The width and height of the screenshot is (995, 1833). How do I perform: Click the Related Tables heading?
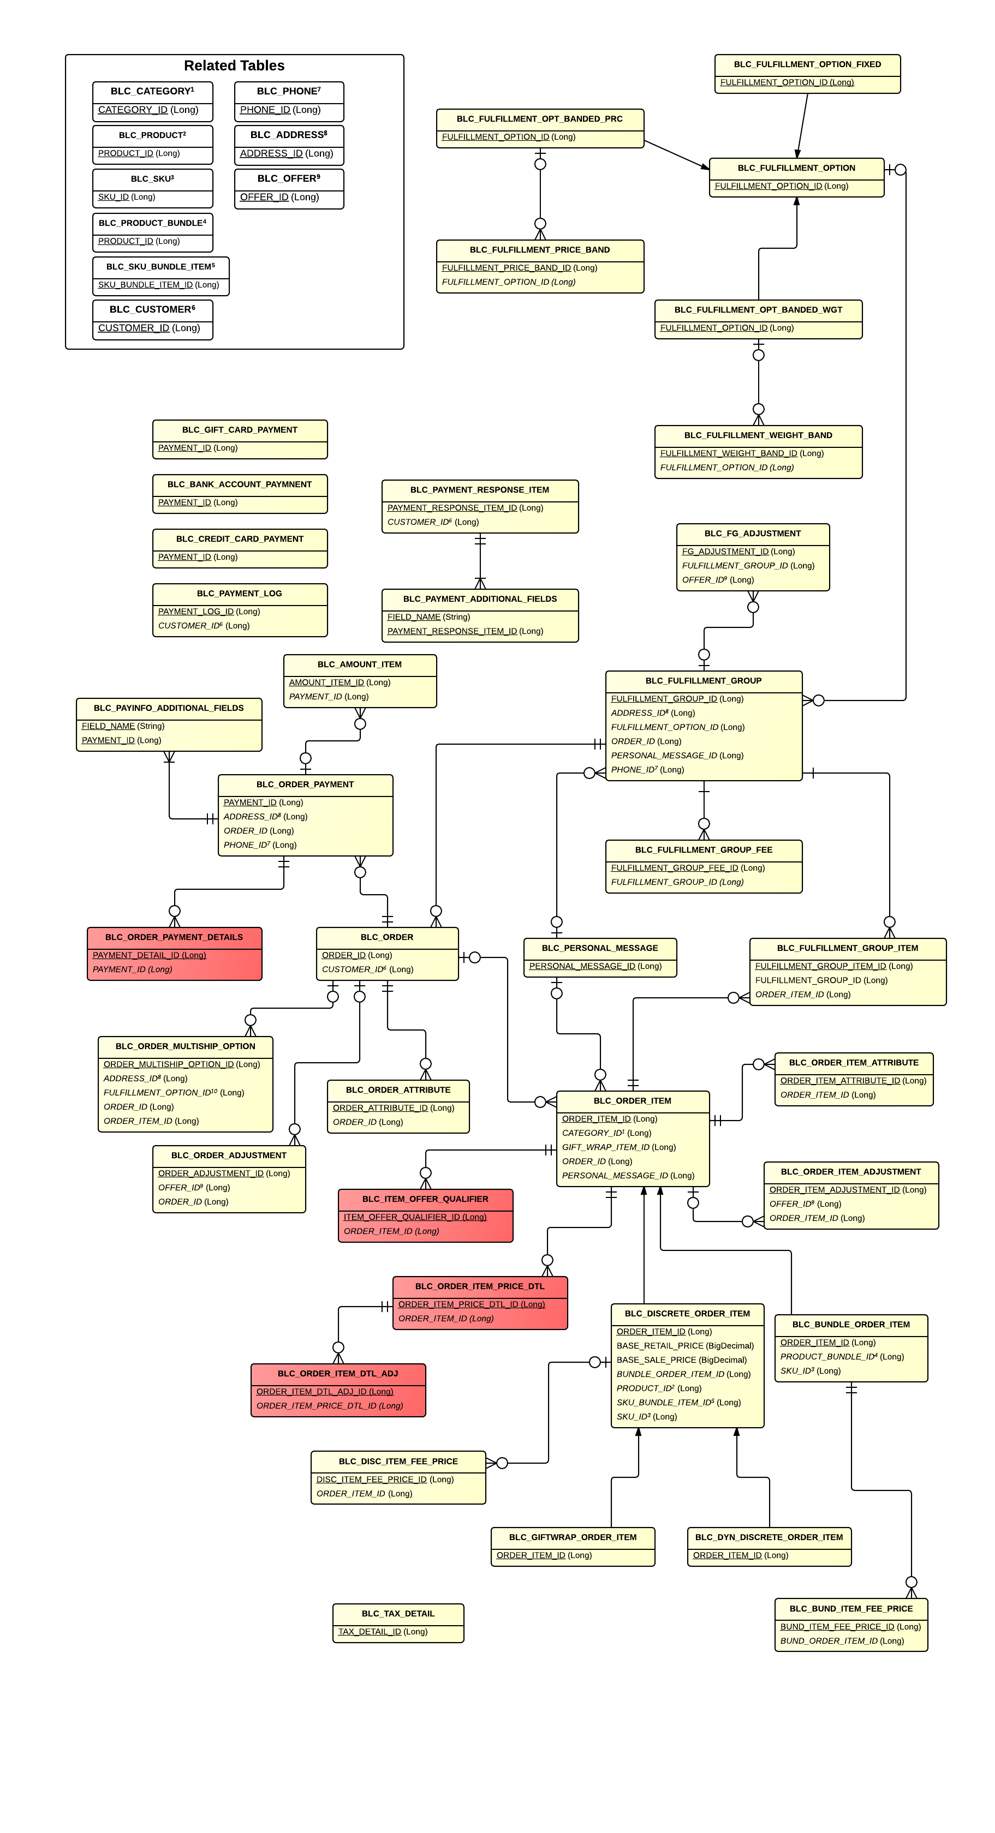[234, 65]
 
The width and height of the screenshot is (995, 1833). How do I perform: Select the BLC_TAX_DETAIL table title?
[398, 1613]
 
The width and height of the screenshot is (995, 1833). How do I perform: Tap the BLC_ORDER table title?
[386, 937]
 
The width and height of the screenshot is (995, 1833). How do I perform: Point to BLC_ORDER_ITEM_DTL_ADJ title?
[337, 1373]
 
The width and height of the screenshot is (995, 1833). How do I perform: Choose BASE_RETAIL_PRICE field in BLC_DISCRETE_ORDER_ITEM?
[684, 1346]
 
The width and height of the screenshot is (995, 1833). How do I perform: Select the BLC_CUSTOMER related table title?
[152, 309]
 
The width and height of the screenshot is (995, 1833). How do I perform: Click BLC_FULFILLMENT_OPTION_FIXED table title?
[807, 64]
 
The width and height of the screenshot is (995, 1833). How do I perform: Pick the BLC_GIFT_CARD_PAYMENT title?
[240, 430]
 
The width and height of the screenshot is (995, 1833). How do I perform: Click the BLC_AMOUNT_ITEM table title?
[360, 664]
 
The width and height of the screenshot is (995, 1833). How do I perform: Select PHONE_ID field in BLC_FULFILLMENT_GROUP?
[647, 770]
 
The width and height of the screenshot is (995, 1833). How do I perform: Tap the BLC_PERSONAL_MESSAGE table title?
[599, 948]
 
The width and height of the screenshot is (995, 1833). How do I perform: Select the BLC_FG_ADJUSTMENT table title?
[752, 534]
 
